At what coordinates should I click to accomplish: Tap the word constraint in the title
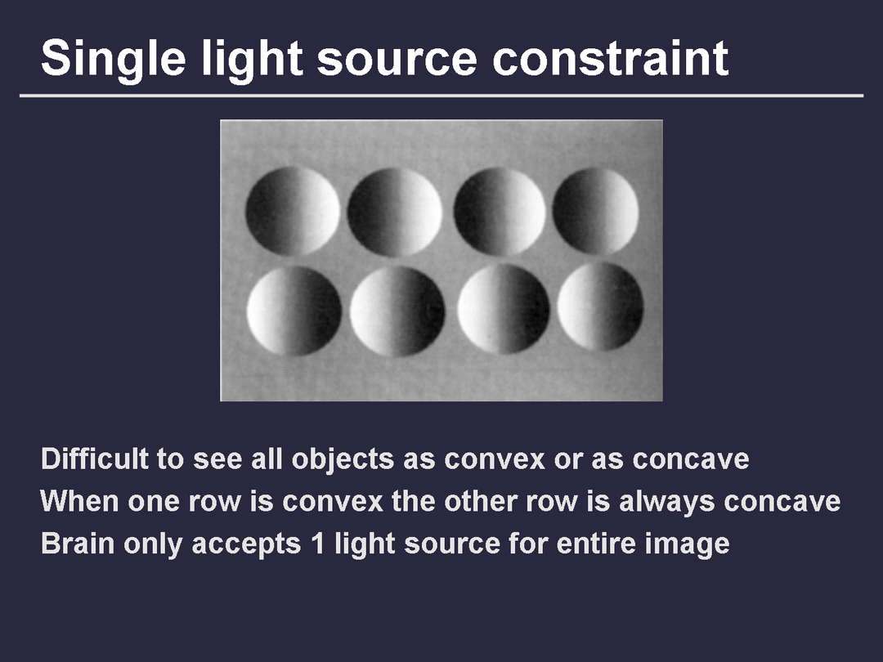pyautogui.click(x=611, y=58)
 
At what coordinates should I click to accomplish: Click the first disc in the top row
pyautogui.click(x=293, y=211)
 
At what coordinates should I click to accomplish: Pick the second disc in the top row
pyautogui.click(x=395, y=212)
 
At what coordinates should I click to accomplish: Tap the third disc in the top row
pyautogui.click(x=500, y=211)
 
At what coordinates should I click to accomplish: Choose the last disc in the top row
pyautogui.click(x=596, y=211)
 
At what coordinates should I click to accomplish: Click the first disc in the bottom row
pyautogui.click(x=294, y=311)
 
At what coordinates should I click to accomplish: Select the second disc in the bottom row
pyautogui.click(x=397, y=311)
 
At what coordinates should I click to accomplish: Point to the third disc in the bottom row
pyautogui.click(x=504, y=310)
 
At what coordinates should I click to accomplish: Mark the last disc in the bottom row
pyautogui.click(x=600, y=306)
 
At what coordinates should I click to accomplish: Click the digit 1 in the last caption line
pyautogui.click(x=318, y=543)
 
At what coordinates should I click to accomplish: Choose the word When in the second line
pyautogui.click(x=79, y=500)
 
